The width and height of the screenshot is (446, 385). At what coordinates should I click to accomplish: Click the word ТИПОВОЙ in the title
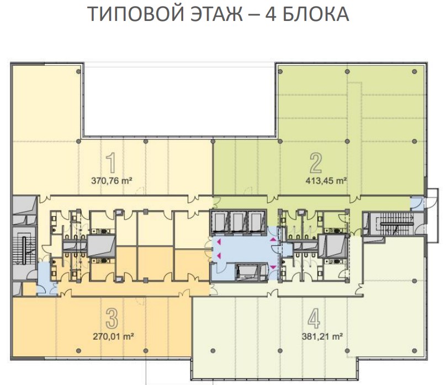pos(136,14)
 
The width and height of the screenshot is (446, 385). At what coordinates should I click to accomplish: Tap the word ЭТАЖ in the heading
pos(217,14)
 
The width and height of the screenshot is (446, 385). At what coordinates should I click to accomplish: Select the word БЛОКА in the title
pos(316,14)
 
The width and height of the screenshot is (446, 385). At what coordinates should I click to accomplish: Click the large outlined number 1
pos(111,163)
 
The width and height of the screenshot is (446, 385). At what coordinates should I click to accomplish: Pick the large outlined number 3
pos(112,319)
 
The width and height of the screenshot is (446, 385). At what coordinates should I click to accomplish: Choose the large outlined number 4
pos(314,319)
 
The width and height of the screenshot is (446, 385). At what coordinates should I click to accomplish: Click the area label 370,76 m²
pos(112,181)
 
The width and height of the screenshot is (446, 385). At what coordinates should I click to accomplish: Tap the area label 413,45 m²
pos(326,181)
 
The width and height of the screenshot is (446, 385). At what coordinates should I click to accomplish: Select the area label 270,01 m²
pos(114,336)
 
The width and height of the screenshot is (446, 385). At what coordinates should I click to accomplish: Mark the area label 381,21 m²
pos(322,336)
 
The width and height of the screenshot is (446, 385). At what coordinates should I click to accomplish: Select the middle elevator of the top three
pos(238,222)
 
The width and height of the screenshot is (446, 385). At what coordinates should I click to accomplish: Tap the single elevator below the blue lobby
pos(248,272)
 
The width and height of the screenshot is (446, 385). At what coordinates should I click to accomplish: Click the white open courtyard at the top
pos(180,100)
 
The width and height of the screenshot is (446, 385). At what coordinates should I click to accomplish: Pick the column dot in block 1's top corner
pos(79,71)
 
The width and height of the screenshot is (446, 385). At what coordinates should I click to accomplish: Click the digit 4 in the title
pos(270,14)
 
